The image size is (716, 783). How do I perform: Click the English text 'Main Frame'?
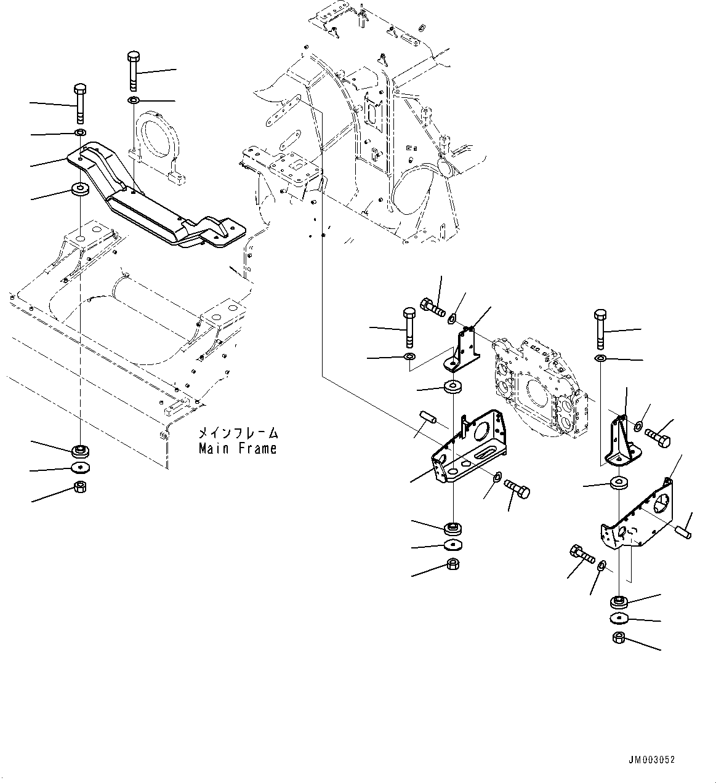(x=237, y=449)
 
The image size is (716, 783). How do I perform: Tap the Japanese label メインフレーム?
(x=237, y=433)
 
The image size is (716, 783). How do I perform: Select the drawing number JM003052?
(x=652, y=760)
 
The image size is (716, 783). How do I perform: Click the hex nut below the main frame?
(x=80, y=488)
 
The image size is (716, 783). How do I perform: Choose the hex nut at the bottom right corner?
(x=619, y=638)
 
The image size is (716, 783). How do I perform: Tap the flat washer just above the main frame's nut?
(x=80, y=468)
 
